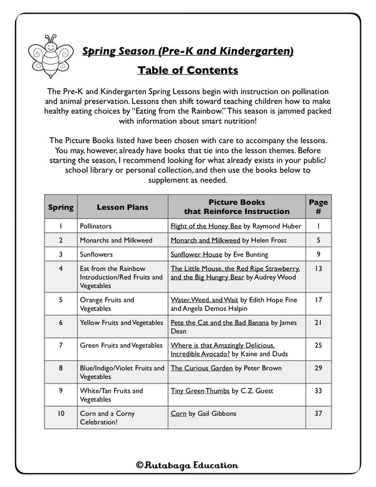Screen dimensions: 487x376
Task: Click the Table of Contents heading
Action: point(187,70)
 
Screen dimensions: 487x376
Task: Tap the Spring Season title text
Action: point(188,51)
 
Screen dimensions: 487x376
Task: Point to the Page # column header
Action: point(318,206)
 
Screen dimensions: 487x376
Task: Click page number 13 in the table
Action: point(318,269)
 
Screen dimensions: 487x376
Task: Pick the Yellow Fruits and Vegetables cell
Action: point(121,323)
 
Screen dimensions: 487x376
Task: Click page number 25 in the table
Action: point(318,345)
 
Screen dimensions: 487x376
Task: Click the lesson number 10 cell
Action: point(61,414)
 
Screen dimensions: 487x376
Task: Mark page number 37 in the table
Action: point(318,414)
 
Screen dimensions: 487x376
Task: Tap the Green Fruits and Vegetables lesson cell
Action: point(121,345)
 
